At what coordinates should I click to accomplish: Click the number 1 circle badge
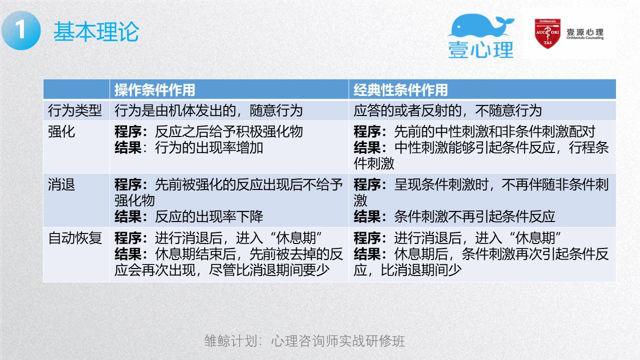(x=21, y=30)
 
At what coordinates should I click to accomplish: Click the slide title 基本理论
(x=96, y=31)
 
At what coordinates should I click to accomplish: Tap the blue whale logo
(x=481, y=25)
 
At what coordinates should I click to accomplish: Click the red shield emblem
(x=547, y=33)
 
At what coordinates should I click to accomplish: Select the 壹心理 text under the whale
(x=481, y=50)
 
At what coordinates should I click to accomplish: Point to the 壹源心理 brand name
(x=585, y=32)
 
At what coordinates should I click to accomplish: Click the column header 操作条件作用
(x=155, y=90)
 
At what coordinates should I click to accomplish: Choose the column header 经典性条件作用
(x=401, y=90)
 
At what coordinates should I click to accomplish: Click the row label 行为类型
(x=75, y=110)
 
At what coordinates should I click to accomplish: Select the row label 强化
(x=62, y=131)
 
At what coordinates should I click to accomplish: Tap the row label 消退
(x=62, y=184)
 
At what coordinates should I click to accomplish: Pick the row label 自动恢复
(x=75, y=238)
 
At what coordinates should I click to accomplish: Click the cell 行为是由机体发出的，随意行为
(x=208, y=110)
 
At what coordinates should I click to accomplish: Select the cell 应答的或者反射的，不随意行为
(x=447, y=110)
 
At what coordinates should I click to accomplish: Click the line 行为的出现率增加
(x=209, y=147)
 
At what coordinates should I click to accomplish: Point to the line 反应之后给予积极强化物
(x=229, y=131)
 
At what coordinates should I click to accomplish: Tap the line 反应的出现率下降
(x=209, y=216)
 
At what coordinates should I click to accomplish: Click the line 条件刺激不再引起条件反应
(x=474, y=216)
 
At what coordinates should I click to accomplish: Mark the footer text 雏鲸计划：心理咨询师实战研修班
(x=305, y=341)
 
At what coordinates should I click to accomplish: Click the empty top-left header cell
(x=76, y=89)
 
